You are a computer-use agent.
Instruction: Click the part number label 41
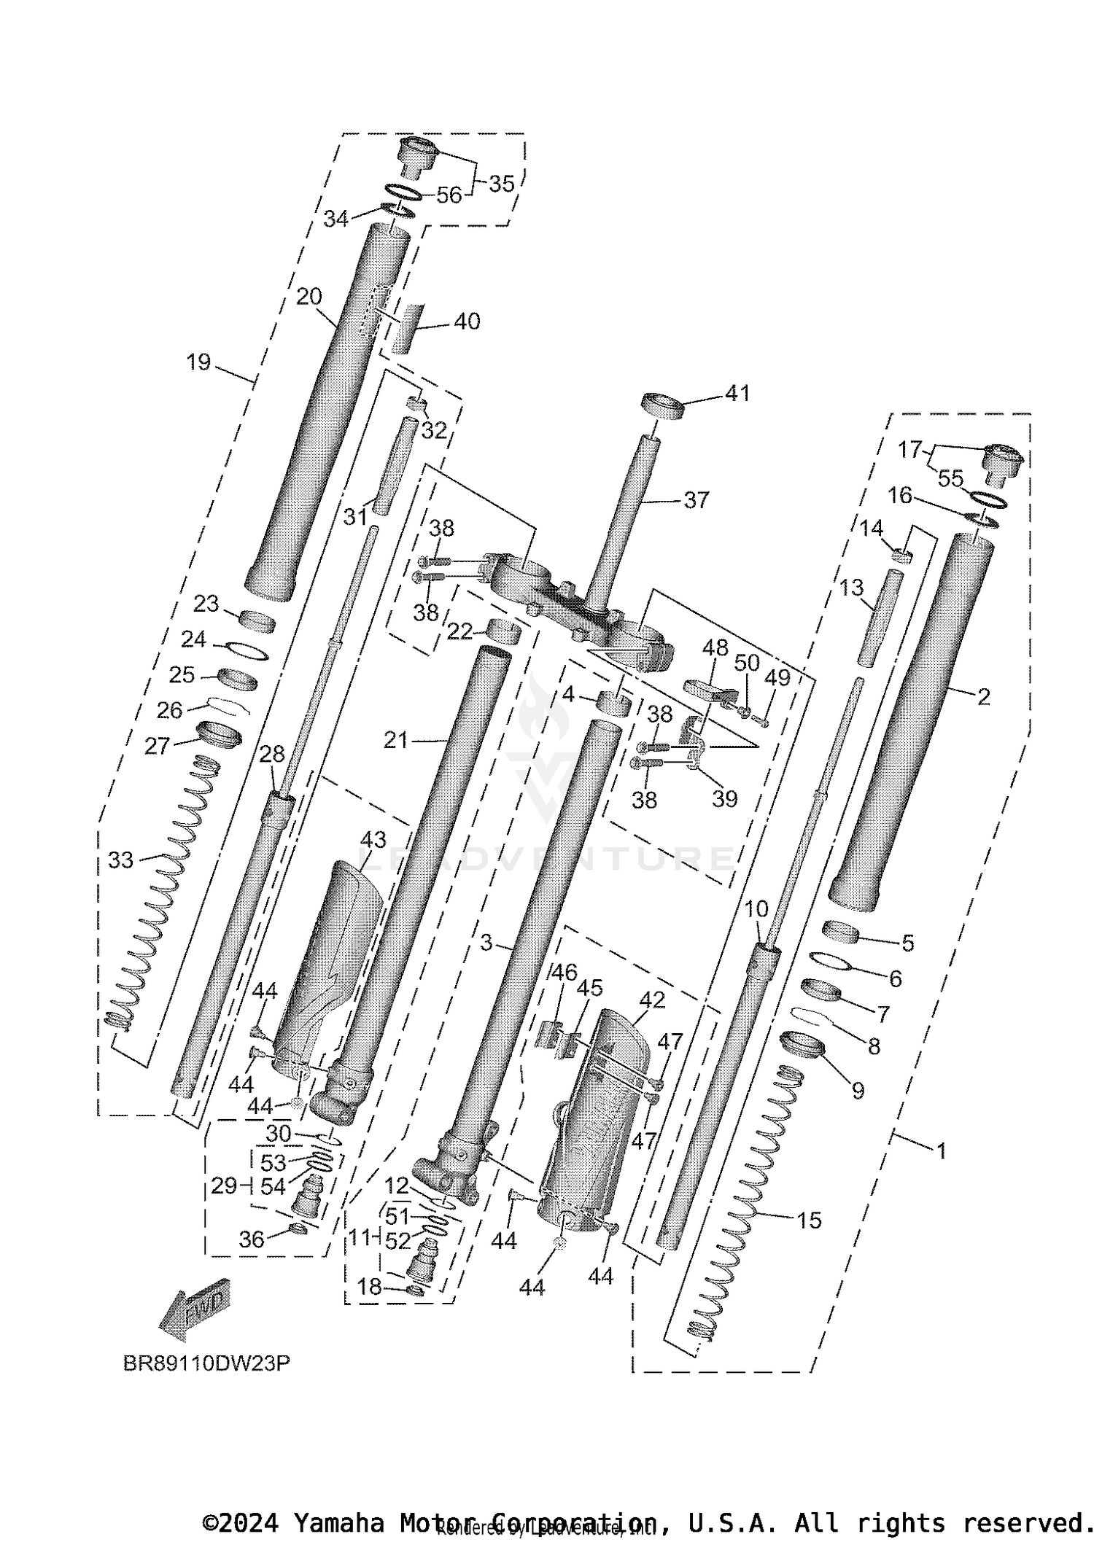coord(737,393)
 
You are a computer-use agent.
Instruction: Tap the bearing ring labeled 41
coord(662,406)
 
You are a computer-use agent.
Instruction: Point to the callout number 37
coord(697,500)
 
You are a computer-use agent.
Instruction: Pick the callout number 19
coord(198,362)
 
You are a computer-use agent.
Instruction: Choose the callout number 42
coord(652,1000)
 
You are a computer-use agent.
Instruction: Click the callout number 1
coord(941,1151)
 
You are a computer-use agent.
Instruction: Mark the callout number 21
coord(396,741)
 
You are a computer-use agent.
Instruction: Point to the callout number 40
coord(467,322)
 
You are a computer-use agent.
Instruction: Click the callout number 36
coord(252,1239)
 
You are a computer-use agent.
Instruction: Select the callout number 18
coord(370,1288)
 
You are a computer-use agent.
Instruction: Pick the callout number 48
coord(715,647)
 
